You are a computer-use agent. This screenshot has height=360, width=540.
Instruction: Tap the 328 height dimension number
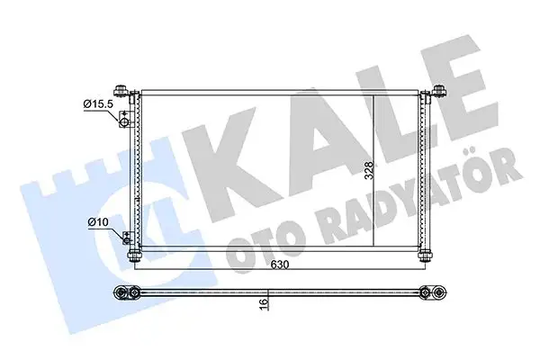pos(368,169)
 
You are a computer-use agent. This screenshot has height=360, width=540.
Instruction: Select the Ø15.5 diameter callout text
pos(98,104)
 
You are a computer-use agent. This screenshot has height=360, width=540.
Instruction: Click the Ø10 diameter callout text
pos(98,220)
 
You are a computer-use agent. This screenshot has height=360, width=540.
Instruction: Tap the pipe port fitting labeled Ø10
pos(127,238)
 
